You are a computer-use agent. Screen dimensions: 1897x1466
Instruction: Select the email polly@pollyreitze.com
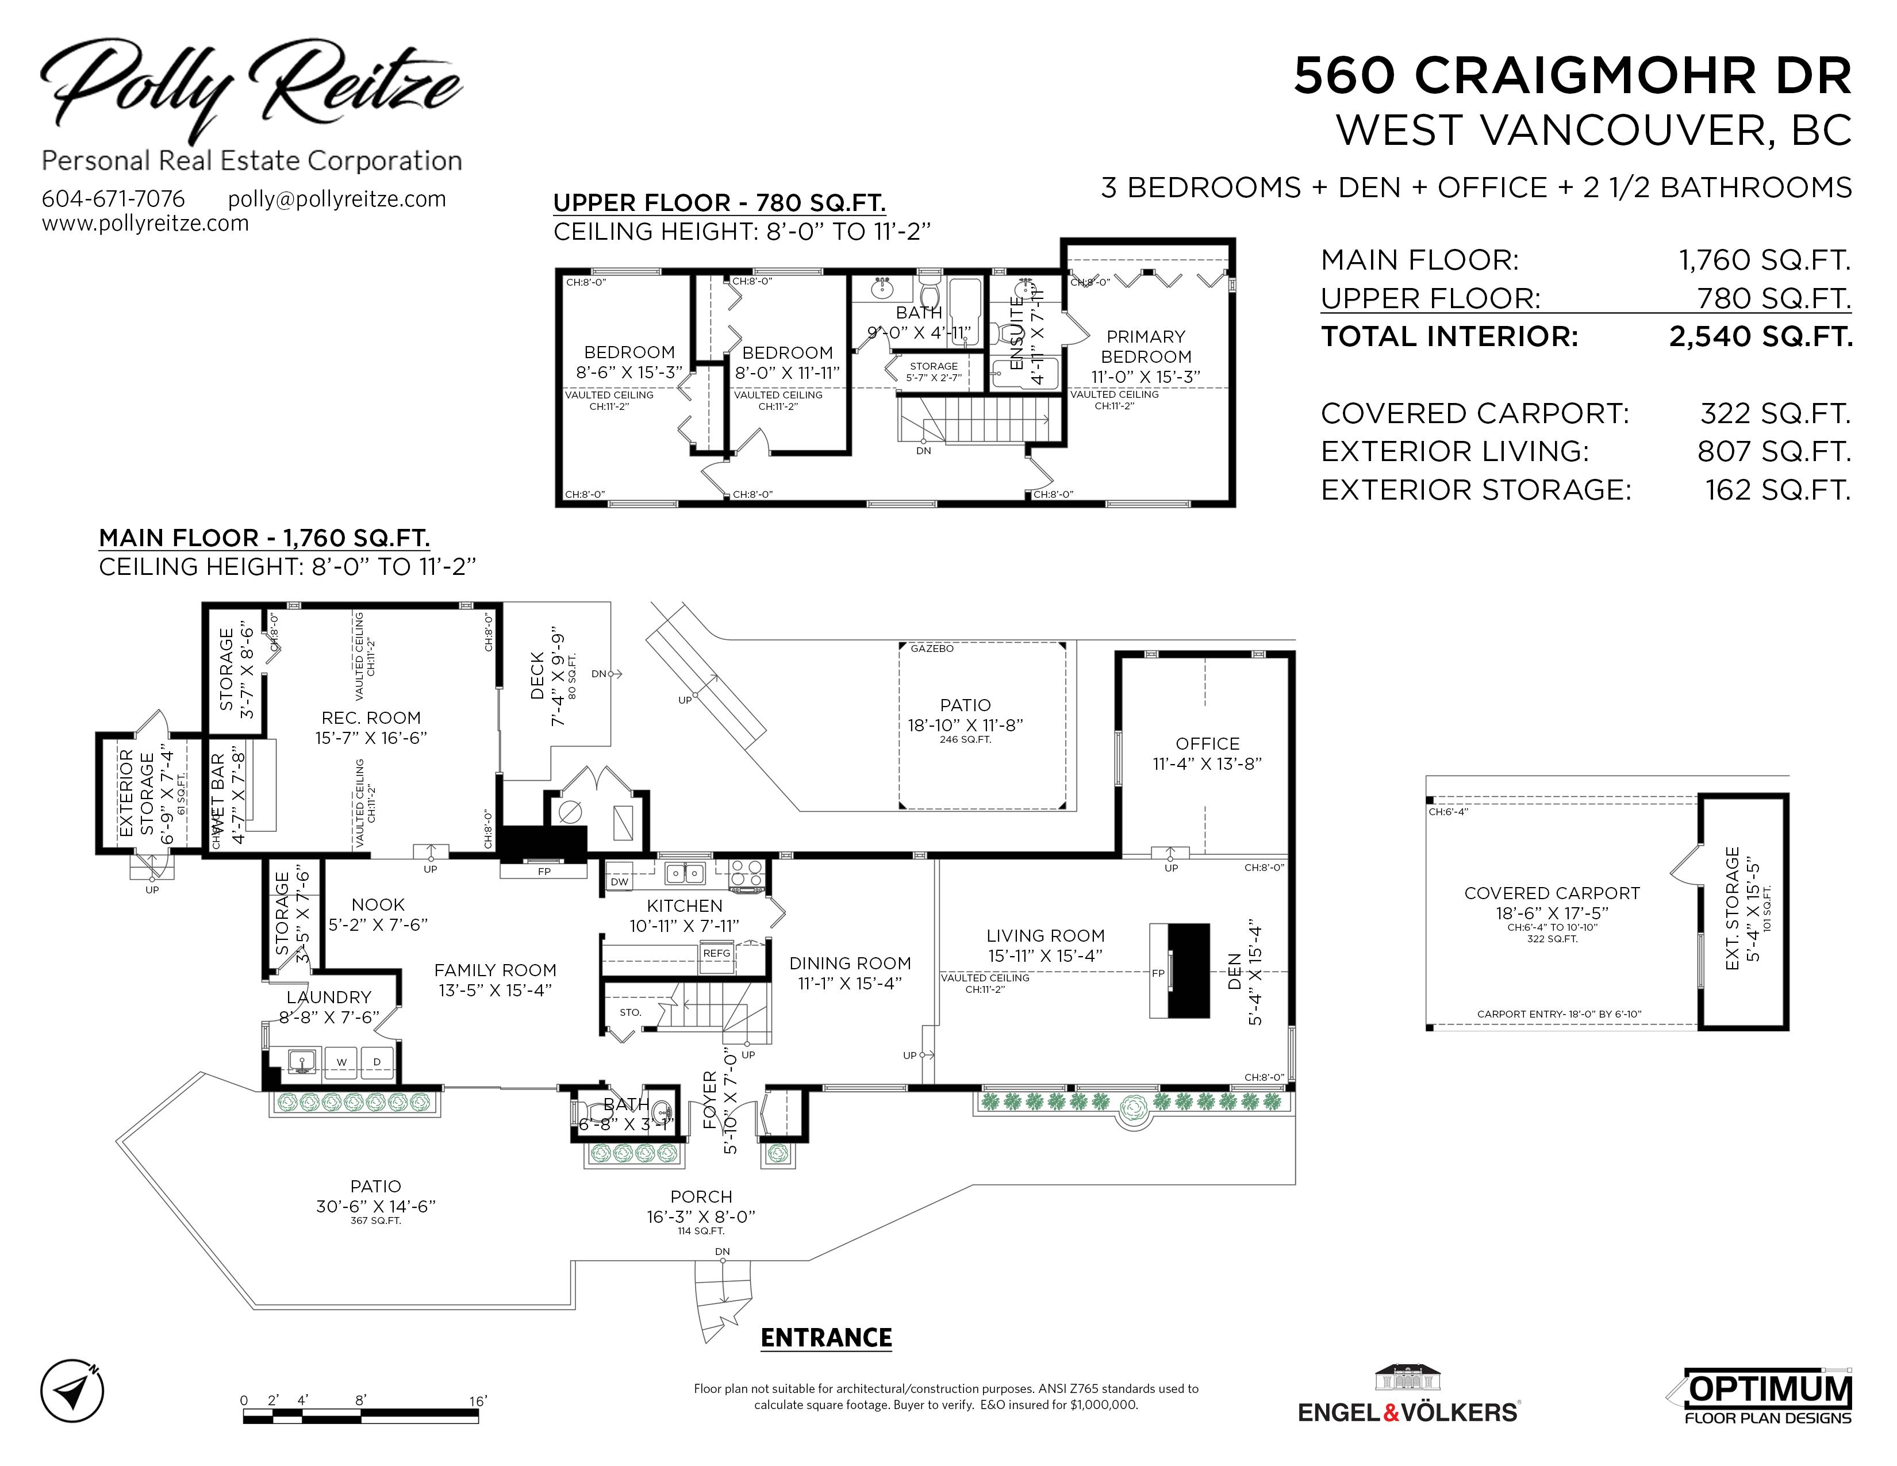[337, 199]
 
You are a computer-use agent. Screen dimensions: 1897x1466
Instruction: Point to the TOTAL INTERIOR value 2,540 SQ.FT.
[1761, 336]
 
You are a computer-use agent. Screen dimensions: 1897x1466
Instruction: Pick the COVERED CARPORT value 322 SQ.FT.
[1775, 413]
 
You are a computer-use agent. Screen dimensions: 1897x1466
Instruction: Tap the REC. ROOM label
[371, 718]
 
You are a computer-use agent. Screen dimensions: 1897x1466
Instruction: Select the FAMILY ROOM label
[495, 970]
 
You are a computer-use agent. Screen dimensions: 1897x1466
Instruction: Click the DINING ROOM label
[850, 963]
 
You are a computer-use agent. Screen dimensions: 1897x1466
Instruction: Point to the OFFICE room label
[1207, 743]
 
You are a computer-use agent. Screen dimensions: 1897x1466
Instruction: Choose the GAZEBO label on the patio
[932, 648]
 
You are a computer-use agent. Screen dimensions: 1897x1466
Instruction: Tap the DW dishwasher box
[619, 881]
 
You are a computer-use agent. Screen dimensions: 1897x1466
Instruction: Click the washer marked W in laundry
[342, 1062]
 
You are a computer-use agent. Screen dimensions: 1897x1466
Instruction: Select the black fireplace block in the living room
[1188, 970]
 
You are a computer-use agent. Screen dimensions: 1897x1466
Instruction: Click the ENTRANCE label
[826, 1337]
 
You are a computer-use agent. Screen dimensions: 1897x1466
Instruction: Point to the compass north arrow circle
[72, 1391]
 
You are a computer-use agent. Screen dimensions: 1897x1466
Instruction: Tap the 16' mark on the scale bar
[478, 1401]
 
